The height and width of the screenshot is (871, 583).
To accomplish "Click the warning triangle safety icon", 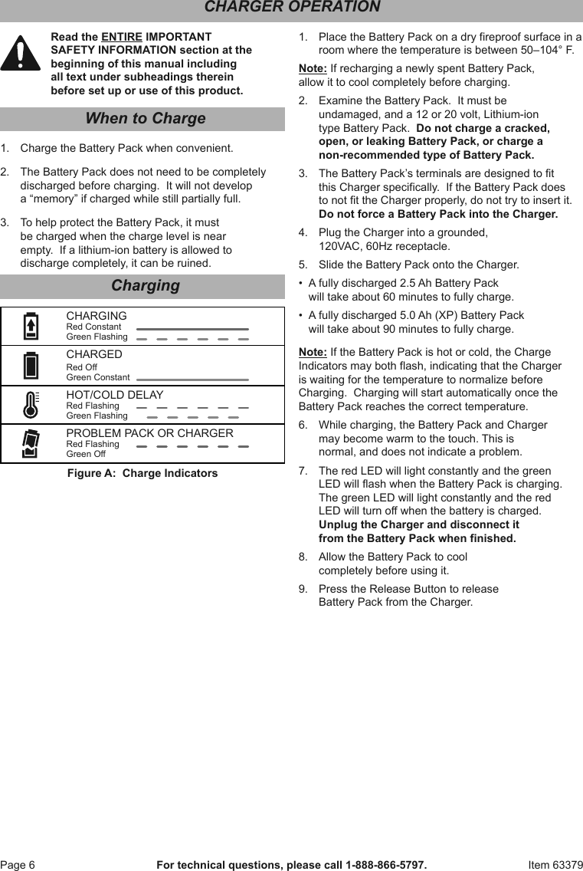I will (21, 54).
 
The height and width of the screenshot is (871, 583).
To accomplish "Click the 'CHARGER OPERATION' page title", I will (292, 8).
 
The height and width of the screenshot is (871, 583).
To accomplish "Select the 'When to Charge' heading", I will (145, 119).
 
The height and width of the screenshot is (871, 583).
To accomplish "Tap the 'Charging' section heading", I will (145, 286).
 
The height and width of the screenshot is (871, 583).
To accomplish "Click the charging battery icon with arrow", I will (31, 327).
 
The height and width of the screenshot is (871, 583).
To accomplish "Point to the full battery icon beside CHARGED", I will (31, 365).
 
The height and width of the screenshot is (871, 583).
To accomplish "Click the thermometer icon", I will (31, 403).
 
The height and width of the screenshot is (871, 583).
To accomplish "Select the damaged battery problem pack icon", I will (31, 443).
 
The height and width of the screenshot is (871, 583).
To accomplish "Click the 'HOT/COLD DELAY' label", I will (114, 395).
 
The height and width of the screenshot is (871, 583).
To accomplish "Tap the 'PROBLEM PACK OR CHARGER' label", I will (149, 433).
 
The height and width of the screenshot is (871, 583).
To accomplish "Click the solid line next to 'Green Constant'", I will (192, 379).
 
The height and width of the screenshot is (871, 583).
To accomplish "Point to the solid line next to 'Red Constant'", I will (192, 328).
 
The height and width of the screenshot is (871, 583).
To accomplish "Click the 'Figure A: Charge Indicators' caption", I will (142, 473).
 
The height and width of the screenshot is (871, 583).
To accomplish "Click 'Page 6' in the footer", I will (18, 865).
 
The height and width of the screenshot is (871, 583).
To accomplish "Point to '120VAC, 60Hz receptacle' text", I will (384, 246).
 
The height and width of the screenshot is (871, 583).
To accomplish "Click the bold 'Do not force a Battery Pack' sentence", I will (438, 214).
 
